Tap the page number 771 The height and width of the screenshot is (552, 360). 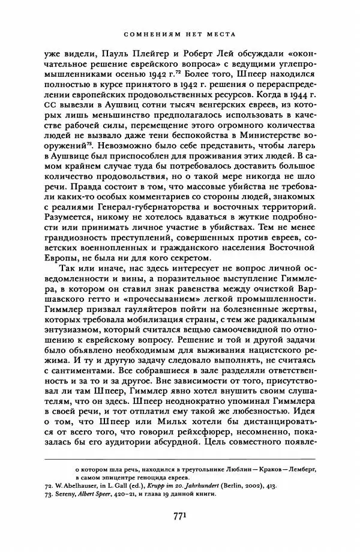(x=179, y=515)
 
